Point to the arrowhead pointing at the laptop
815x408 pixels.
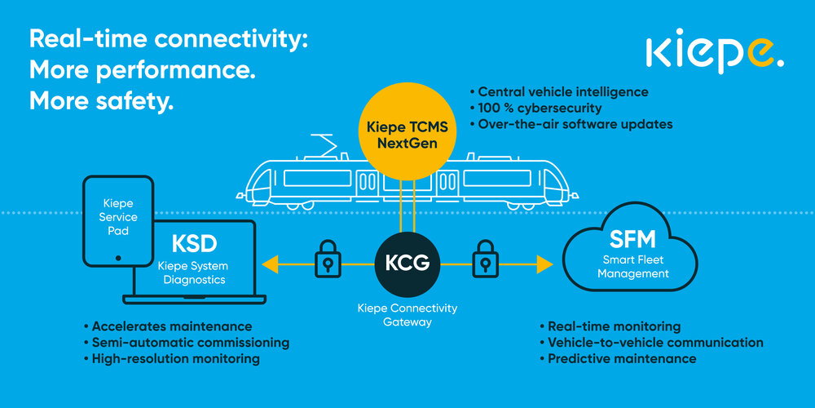(270, 264)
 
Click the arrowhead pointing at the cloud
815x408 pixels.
(544, 264)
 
